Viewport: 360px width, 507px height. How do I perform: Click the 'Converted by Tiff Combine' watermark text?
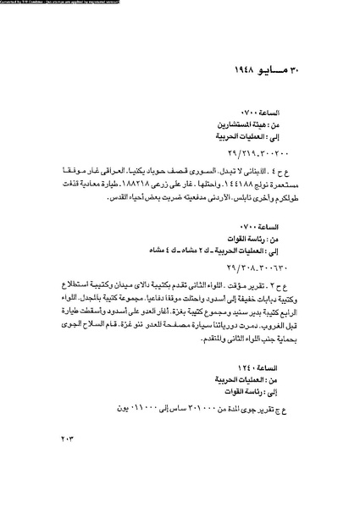click(59, 3)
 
